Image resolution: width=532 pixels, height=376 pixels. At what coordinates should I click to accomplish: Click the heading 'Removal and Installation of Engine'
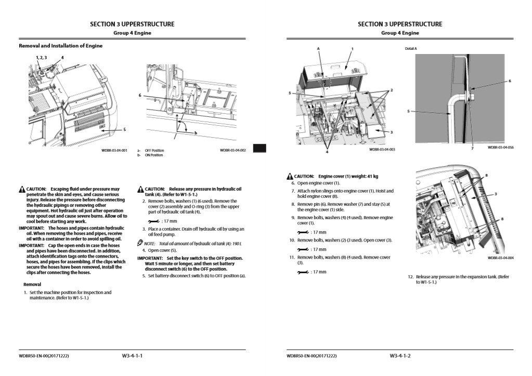point(60,46)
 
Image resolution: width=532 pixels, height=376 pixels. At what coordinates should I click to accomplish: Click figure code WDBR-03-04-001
point(114,150)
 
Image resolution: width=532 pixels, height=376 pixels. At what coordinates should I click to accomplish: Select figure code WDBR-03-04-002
point(232,150)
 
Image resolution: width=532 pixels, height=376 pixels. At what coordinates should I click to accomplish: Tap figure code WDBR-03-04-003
point(382,150)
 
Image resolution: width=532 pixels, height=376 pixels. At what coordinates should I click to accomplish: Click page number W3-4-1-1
point(132,356)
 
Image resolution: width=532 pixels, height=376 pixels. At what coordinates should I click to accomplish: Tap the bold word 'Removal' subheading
point(32,285)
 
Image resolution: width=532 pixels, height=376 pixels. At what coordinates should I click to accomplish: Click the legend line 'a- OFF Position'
point(150,151)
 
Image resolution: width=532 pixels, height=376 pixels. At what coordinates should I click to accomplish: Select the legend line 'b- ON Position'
point(150,155)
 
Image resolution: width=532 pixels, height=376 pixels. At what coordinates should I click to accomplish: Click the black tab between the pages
point(259,149)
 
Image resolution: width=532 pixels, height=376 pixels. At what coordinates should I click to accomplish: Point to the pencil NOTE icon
point(140,243)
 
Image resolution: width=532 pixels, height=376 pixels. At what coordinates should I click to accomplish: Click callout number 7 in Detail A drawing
point(472,148)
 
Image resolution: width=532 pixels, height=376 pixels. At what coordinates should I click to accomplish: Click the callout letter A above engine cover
point(318,48)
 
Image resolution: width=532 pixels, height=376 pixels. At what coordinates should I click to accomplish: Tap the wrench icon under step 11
point(301,272)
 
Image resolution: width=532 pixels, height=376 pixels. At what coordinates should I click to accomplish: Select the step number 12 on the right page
point(410,277)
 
